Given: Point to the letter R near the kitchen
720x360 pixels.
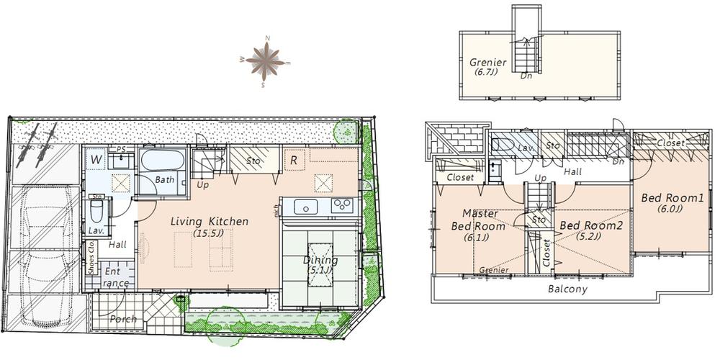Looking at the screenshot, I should pyautogui.click(x=294, y=160).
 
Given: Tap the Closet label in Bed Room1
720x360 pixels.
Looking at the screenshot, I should pyautogui.click(x=670, y=143).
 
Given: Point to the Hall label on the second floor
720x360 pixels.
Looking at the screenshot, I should pyautogui.click(x=572, y=173).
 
